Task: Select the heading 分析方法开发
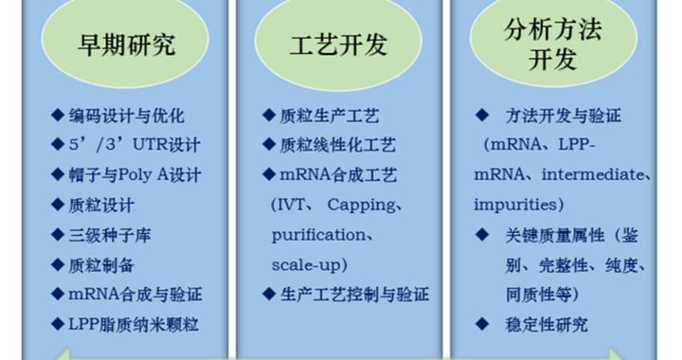pos(552,45)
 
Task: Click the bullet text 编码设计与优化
pos(126,117)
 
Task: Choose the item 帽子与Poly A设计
pos(135,175)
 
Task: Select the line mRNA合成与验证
pos(135,295)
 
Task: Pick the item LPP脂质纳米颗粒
pos(135,325)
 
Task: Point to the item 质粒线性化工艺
pos(338,146)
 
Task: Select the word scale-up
pos(309,264)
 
